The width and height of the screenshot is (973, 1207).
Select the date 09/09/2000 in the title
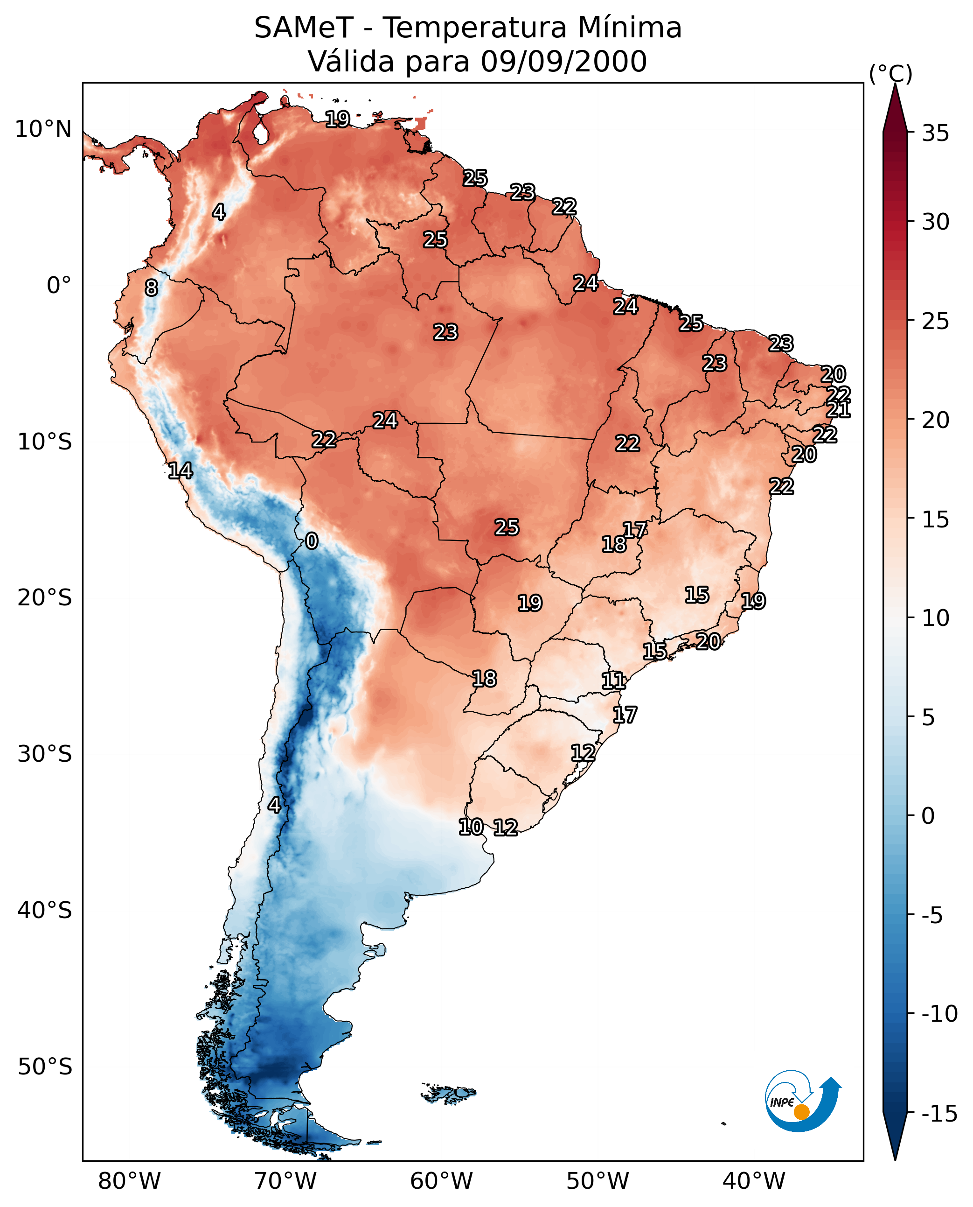point(563,62)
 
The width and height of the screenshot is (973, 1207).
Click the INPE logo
point(802,1101)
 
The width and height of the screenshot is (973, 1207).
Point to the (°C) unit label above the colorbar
point(890,73)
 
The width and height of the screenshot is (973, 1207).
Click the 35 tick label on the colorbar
point(935,133)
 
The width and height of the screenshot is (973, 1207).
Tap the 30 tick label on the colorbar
point(935,222)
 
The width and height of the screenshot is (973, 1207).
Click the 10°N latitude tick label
point(43,130)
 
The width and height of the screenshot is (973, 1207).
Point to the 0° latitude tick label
point(59,286)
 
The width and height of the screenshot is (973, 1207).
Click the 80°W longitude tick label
point(130,1181)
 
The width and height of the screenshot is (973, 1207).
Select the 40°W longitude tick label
point(754,1181)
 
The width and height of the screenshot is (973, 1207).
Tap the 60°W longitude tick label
point(442,1181)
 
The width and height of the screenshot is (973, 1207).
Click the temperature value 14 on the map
point(181,470)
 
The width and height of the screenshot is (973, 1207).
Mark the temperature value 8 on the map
point(151,288)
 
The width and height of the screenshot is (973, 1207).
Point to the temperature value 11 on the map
point(613,681)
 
